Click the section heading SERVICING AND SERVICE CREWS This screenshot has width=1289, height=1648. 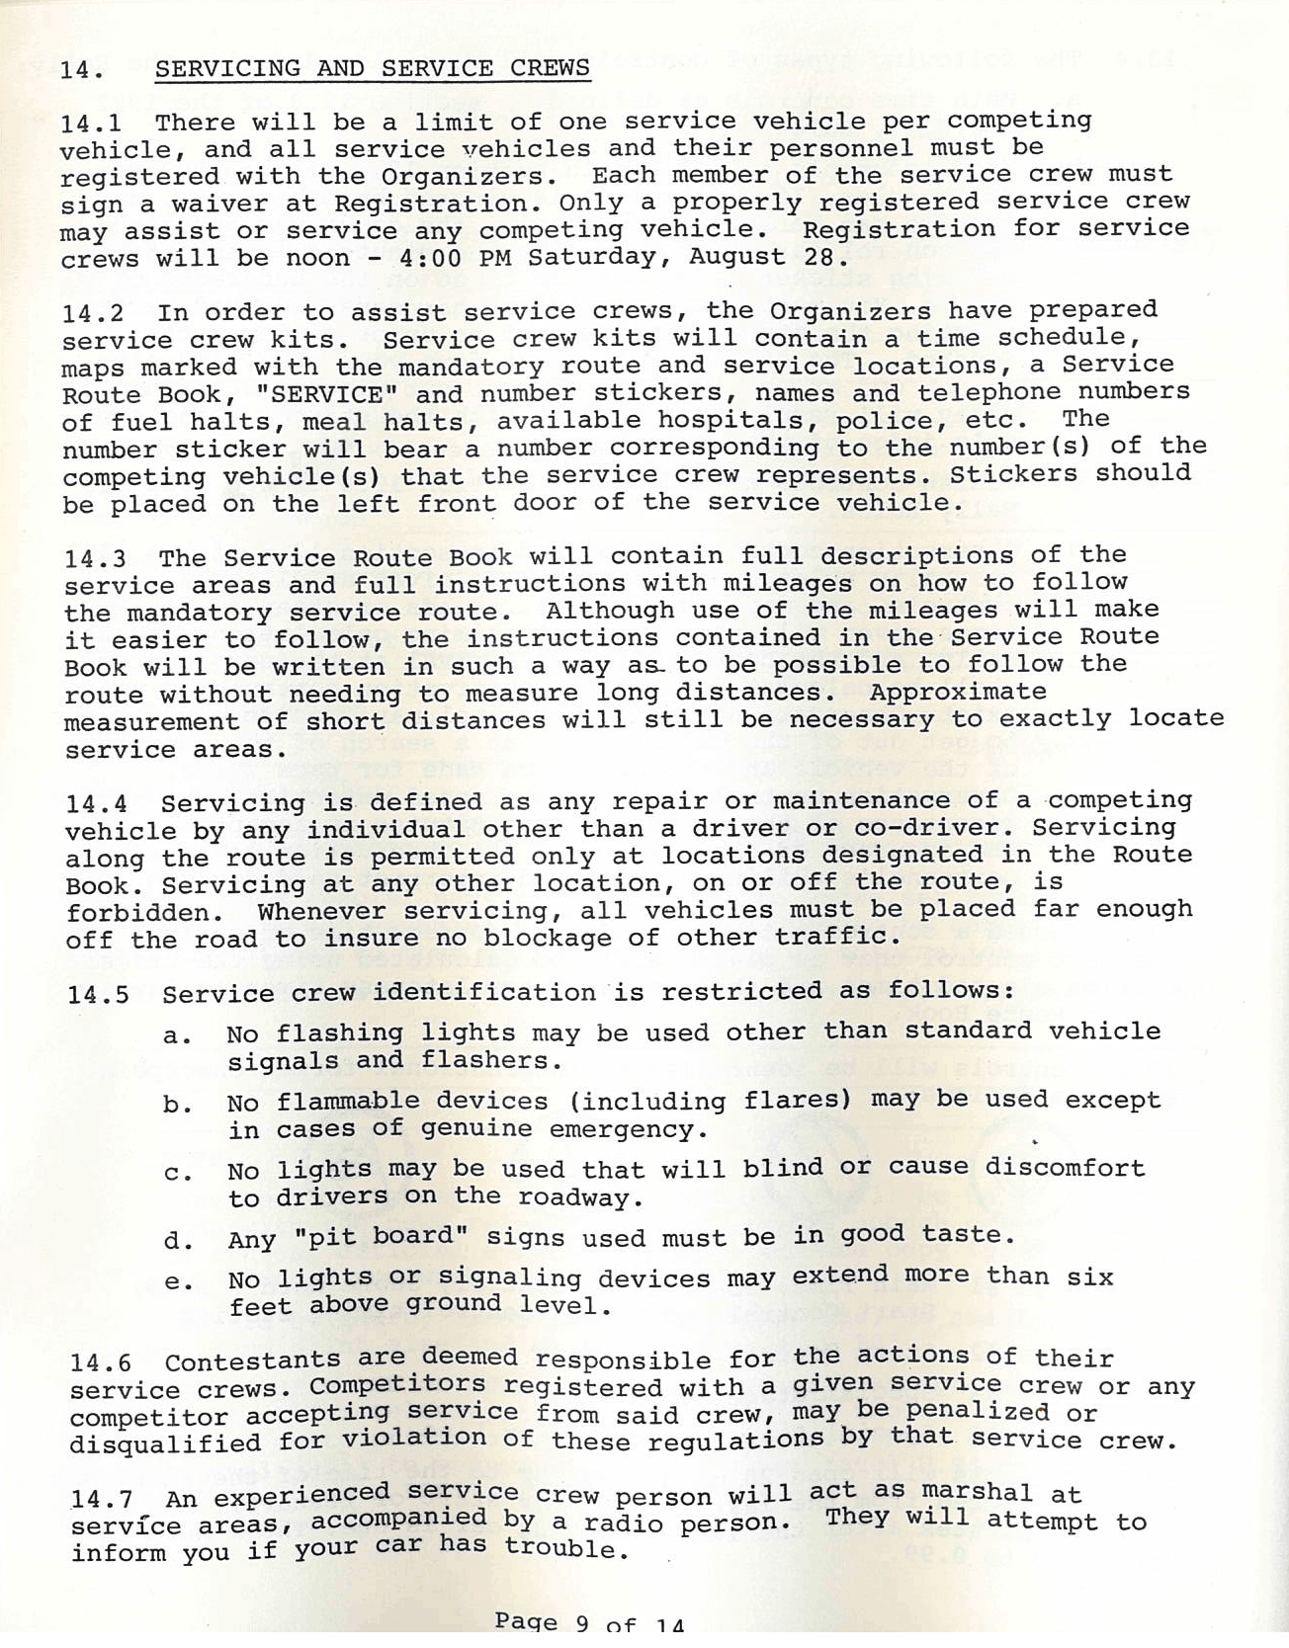pos(373,68)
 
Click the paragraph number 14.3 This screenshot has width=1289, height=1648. pos(95,560)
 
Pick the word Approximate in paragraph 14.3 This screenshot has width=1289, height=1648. pos(957,692)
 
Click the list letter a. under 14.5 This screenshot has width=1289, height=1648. pos(177,1036)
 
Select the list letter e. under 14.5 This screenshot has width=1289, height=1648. pos(178,1283)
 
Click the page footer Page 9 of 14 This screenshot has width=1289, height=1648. pos(589,1622)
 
